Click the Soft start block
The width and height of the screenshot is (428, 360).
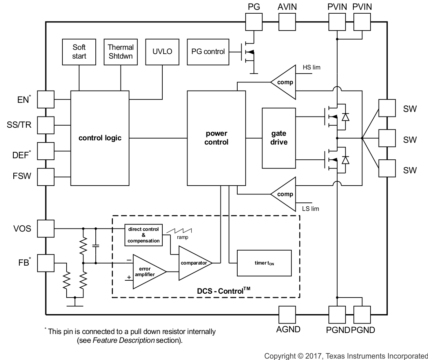79,52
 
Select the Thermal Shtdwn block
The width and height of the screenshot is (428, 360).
121,52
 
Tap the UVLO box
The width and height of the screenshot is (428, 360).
162,52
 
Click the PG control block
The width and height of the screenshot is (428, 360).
208,52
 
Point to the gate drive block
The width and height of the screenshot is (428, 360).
279,138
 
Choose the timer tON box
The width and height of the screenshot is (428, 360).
264,263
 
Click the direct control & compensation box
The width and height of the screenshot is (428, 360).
143,235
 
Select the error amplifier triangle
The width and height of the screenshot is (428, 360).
147,272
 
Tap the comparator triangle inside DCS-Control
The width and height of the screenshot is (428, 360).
193,263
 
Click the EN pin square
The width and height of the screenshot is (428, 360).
46,100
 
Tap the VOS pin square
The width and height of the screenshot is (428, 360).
46,229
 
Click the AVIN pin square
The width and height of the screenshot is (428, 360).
287,22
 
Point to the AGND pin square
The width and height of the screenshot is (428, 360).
287,314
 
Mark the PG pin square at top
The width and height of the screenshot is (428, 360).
253,22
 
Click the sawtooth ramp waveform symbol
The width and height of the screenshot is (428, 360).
179,231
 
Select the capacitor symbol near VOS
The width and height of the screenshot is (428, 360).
95,246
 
